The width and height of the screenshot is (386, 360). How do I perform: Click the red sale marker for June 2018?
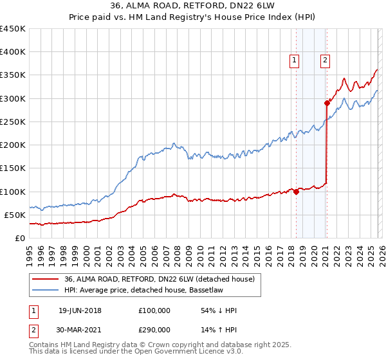(x=296, y=191)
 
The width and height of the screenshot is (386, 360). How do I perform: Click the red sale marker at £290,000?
(x=327, y=103)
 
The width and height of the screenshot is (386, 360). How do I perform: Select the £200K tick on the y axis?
(x=13, y=145)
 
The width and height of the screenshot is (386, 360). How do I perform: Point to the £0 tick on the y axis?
(x=20, y=238)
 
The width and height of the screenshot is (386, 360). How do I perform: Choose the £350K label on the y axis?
(x=13, y=75)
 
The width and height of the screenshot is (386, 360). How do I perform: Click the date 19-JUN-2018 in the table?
(x=80, y=310)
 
